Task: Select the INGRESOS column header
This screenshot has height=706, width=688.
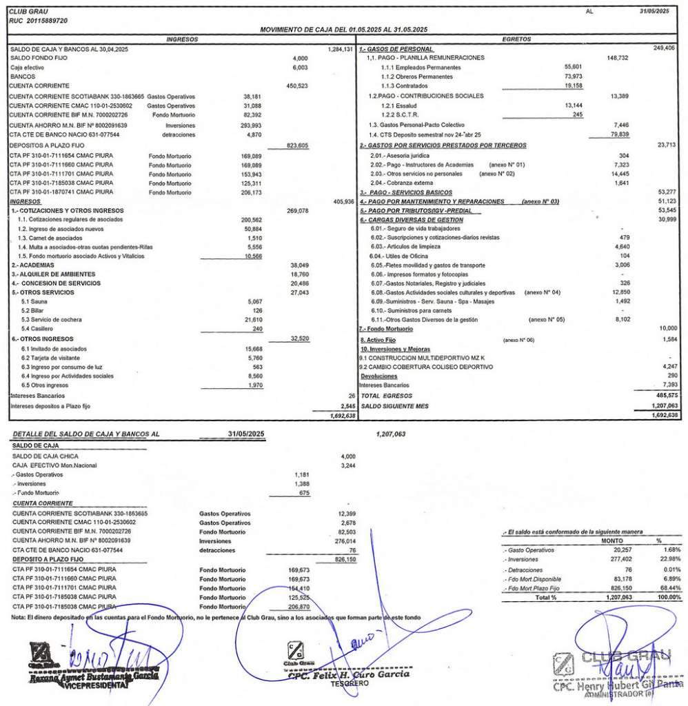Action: [183, 39]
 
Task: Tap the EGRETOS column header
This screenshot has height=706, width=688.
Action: [516, 39]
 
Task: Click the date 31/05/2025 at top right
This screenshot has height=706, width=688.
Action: [654, 12]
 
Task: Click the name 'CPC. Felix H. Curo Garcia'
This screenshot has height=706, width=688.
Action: [350, 674]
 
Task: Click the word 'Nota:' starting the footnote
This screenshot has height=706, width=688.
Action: [18, 617]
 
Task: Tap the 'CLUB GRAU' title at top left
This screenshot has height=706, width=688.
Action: [26, 12]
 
